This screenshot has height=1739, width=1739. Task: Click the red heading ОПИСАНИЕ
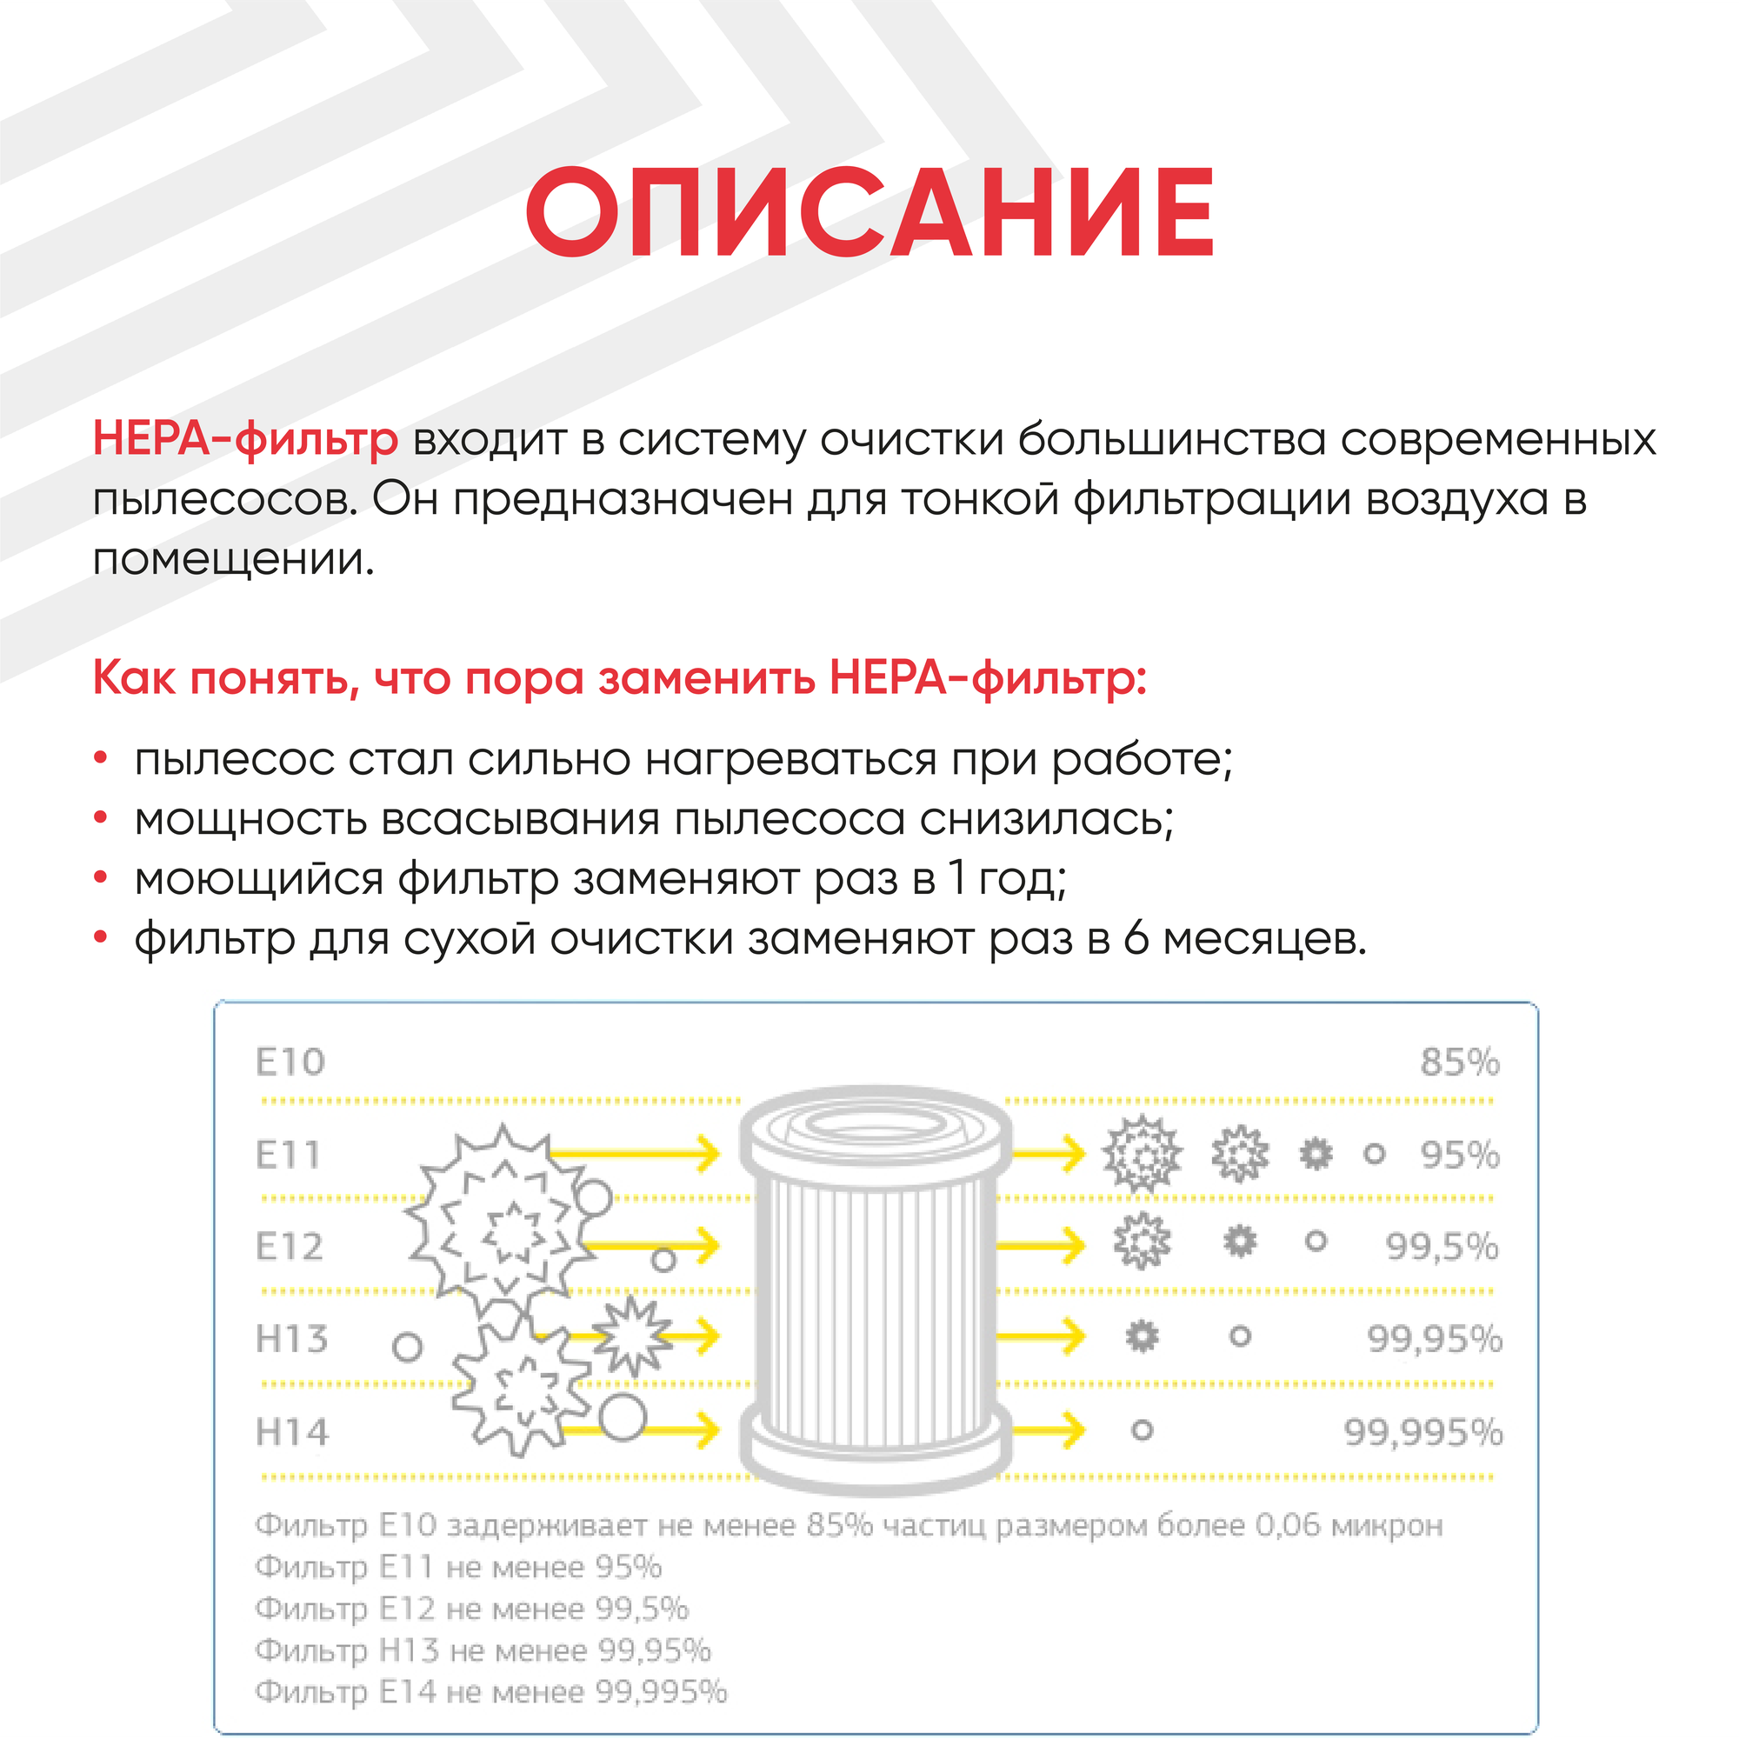point(869,214)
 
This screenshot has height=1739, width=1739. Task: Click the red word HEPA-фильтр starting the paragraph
point(245,439)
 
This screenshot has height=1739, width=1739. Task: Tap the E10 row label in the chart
point(290,1063)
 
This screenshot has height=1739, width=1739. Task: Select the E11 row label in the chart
point(288,1155)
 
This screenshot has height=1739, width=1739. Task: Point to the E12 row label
point(289,1247)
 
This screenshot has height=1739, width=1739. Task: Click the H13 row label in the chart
point(291,1339)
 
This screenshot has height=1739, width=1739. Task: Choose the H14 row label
point(291,1432)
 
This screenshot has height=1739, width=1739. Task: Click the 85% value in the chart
point(1459,1063)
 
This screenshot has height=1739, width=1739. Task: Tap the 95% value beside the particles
point(1459,1155)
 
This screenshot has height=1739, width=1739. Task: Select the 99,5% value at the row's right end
point(1441,1247)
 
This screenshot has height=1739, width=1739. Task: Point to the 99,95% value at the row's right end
point(1434,1339)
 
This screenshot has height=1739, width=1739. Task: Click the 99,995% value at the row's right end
point(1423,1432)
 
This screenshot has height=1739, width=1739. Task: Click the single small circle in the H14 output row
point(1143,1430)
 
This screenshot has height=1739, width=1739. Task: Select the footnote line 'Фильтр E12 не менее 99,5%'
point(471,1609)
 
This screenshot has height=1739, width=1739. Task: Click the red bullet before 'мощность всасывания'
point(101,818)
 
